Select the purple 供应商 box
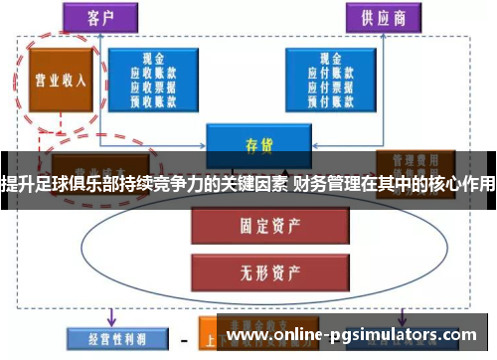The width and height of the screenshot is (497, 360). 382,17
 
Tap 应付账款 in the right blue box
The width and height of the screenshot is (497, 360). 327,73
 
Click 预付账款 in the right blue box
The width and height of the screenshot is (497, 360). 327,98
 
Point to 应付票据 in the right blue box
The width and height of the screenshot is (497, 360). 327,86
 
